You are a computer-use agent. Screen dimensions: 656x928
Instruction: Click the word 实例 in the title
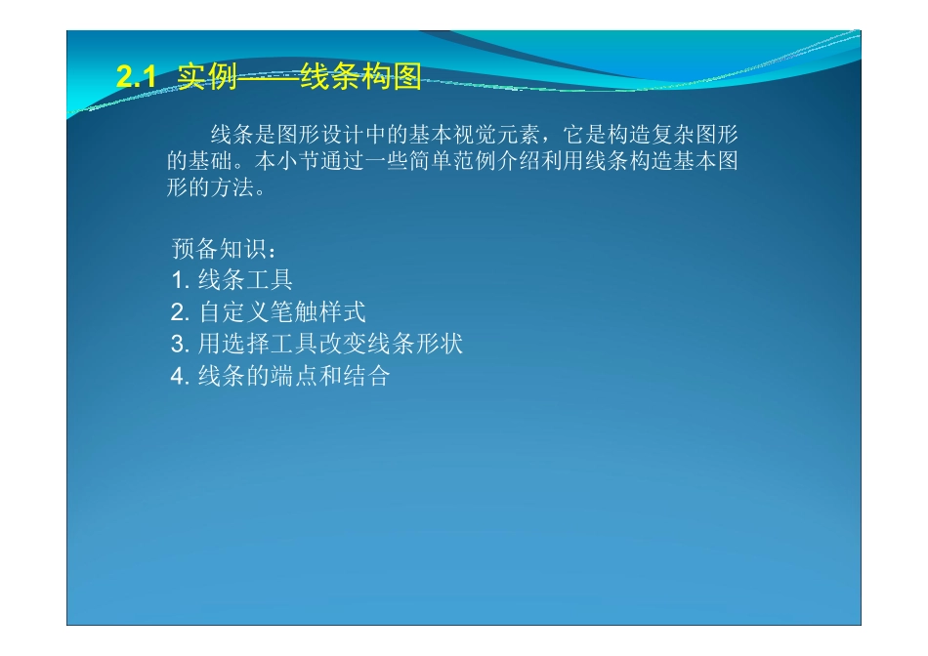point(208,78)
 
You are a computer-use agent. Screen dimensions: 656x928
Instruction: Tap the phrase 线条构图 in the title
point(360,78)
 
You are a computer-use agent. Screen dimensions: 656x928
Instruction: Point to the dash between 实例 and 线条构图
point(269,78)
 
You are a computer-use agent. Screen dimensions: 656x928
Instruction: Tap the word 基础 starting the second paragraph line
point(210,161)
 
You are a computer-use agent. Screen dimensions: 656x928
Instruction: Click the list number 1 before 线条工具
point(178,281)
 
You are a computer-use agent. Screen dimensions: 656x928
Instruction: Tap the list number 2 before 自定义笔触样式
point(178,313)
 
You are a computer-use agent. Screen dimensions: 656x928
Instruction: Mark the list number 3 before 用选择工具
point(178,345)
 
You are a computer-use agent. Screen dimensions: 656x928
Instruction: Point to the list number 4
point(178,377)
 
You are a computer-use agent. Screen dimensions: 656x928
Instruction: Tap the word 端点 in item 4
point(295,377)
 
